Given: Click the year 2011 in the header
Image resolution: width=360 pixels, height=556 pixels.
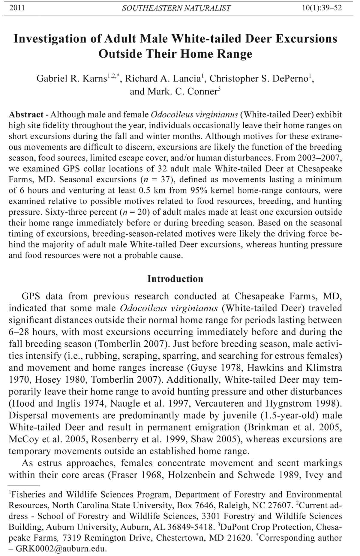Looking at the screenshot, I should [x=17, y=8].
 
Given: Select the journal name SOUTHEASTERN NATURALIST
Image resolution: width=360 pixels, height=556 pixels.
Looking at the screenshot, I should [x=176, y=8].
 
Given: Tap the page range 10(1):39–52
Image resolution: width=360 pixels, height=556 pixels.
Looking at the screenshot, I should [x=322, y=8].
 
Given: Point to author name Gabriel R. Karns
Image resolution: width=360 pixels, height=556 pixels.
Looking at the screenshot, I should [x=71, y=79].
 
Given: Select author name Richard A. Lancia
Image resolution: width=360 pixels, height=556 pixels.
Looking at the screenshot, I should [x=162, y=79].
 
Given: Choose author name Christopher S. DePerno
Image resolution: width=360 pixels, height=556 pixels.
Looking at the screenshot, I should [x=259, y=79].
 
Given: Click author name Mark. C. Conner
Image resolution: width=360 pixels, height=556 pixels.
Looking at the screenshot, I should [x=173, y=91].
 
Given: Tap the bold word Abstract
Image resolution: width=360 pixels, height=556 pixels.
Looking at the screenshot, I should [x=26, y=115].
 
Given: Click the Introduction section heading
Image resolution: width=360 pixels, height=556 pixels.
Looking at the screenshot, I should [x=175, y=279].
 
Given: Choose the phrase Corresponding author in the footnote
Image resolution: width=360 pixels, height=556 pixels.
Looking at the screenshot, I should [x=300, y=538].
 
